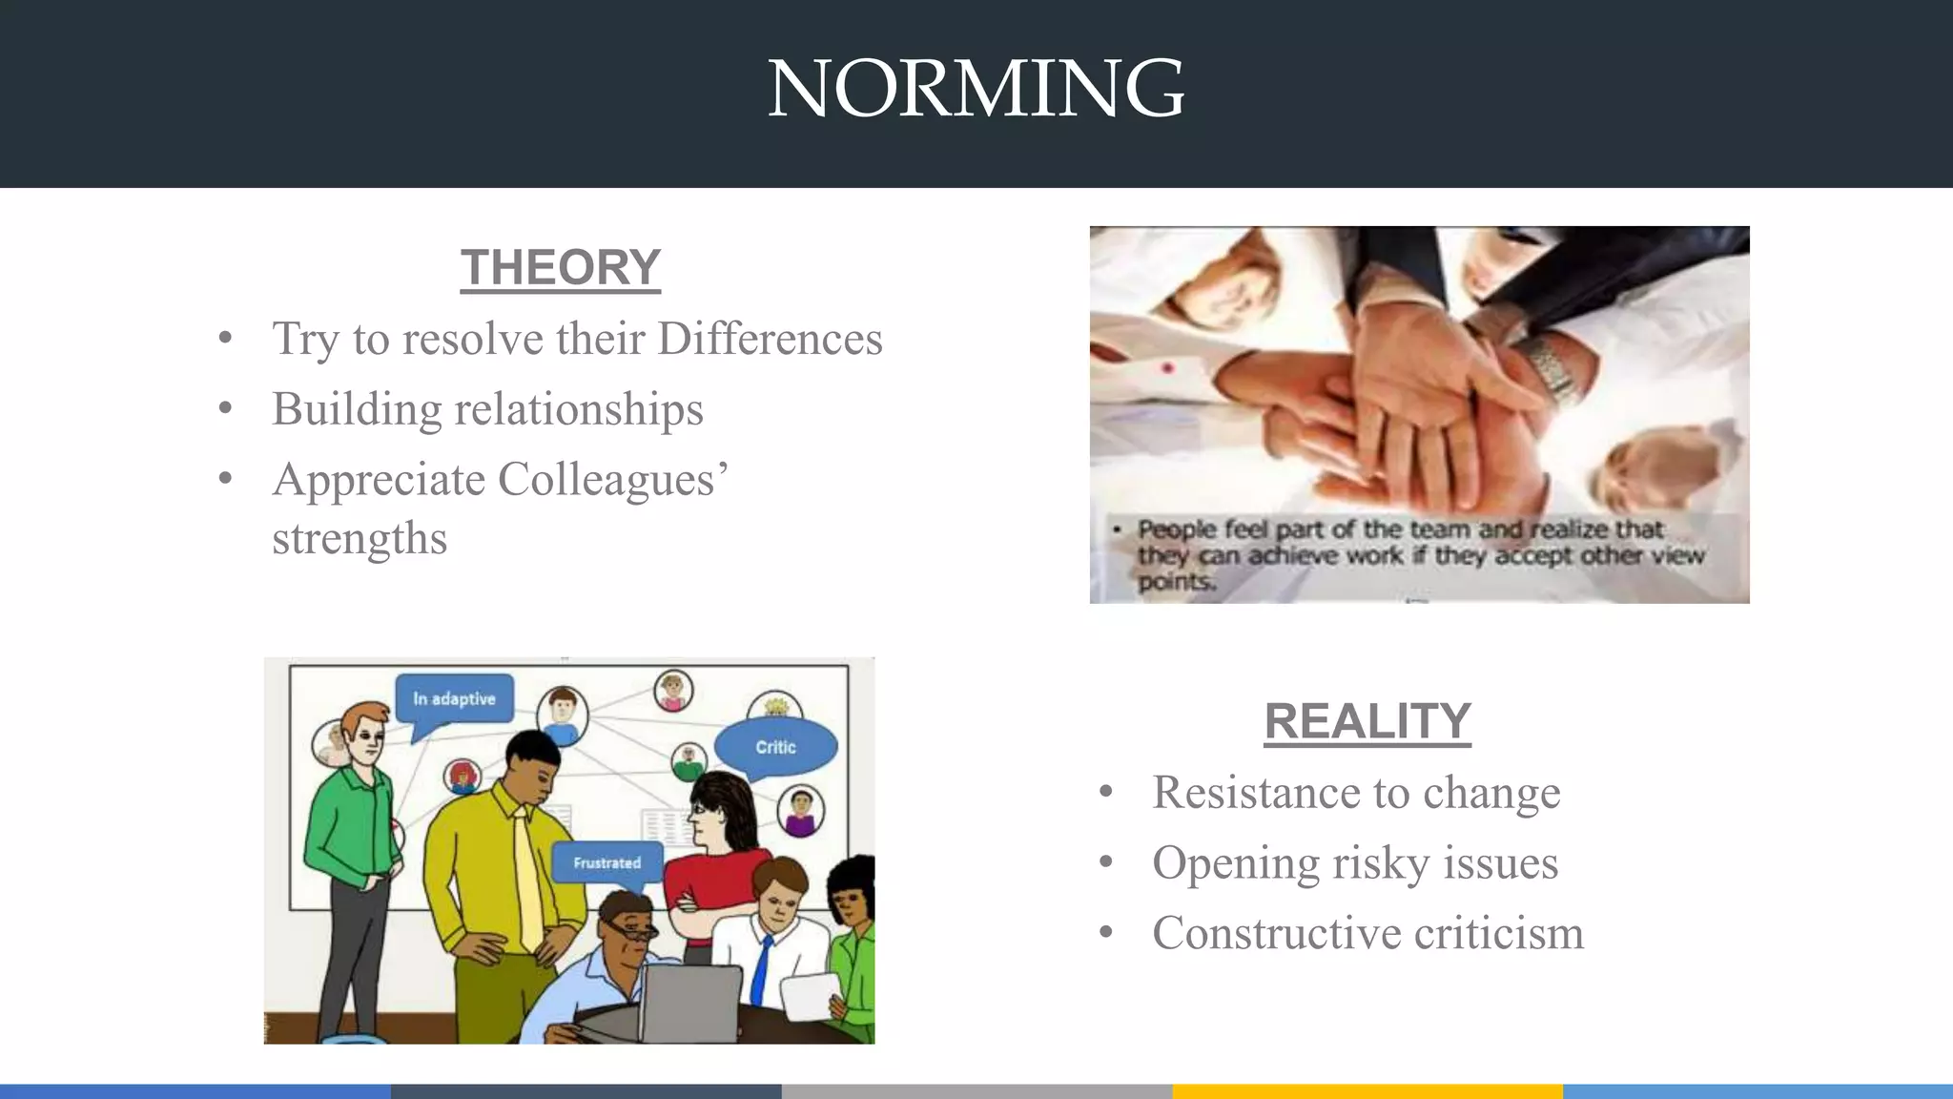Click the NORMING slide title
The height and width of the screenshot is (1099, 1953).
(976, 88)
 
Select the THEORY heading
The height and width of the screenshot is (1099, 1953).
(560, 267)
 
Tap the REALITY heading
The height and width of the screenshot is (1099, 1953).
(1367, 721)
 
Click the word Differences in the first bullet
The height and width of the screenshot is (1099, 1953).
(770, 339)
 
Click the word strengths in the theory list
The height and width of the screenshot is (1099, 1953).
(360, 538)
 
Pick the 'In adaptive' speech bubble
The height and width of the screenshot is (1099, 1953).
(454, 699)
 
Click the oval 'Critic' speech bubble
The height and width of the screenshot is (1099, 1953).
(775, 747)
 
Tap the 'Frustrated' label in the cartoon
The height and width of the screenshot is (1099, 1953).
(607, 862)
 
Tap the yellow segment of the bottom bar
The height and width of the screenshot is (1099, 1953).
(1367, 1090)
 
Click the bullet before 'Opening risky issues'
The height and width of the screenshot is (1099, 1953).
(1105, 862)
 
